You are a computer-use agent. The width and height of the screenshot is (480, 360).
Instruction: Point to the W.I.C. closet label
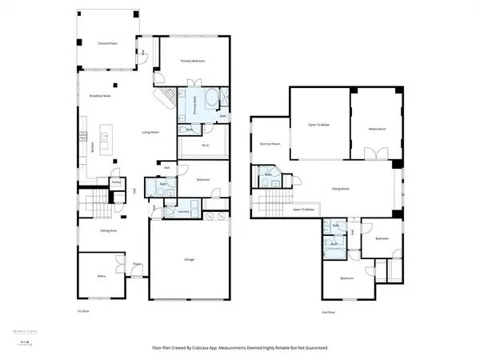(x=206, y=145)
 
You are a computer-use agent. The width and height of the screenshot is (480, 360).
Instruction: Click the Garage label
(x=190, y=260)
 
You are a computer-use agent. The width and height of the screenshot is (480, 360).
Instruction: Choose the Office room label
(x=102, y=276)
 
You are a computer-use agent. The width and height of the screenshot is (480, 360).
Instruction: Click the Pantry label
(x=116, y=182)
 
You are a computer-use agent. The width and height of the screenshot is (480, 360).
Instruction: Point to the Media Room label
(x=378, y=127)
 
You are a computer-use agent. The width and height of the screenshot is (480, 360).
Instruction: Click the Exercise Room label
(x=270, y=144)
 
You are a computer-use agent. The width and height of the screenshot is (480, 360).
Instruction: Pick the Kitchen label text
(x=93, y=149)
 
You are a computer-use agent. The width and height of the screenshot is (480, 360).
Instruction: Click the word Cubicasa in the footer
(x=225, y=348)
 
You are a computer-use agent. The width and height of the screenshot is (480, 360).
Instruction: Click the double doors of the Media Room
(x=370, y=153)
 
